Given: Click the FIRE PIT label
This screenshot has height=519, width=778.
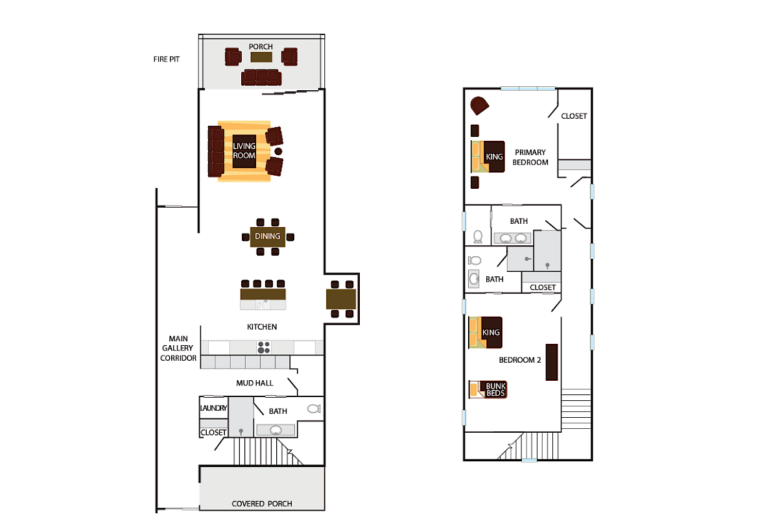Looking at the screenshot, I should (163, 59).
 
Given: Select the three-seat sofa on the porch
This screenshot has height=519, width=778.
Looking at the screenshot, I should (261, 78).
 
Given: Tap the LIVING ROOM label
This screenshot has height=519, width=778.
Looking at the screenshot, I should (244, 151).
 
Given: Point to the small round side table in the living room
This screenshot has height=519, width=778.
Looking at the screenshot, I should (278, 151).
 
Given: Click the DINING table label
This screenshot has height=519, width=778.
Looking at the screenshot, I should (267, 236).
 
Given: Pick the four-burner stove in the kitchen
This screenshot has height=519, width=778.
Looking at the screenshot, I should (264, 347).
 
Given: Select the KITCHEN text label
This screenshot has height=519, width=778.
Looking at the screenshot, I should (262, 327).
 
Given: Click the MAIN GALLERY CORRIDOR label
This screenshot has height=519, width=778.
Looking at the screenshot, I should (178, 348).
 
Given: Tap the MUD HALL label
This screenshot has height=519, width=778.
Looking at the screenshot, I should (254, 383).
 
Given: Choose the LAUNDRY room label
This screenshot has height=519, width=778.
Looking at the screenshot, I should (213, 408).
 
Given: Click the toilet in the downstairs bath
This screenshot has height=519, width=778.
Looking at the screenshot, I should (314, 409).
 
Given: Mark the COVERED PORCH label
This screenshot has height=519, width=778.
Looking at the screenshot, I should (262, 503).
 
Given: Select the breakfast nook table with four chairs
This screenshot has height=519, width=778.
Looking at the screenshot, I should (341, 299).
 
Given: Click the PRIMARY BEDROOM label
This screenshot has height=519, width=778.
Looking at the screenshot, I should (530, 157).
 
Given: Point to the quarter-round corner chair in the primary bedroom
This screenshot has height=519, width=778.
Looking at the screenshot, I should (479, 105).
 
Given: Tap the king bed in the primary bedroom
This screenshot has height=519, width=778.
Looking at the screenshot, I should (488, 156).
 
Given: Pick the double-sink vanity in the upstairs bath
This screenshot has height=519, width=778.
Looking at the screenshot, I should (513, 238).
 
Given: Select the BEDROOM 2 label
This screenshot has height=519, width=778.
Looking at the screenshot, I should (519, 360).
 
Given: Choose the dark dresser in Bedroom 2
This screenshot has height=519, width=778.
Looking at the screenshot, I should (552, 362).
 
